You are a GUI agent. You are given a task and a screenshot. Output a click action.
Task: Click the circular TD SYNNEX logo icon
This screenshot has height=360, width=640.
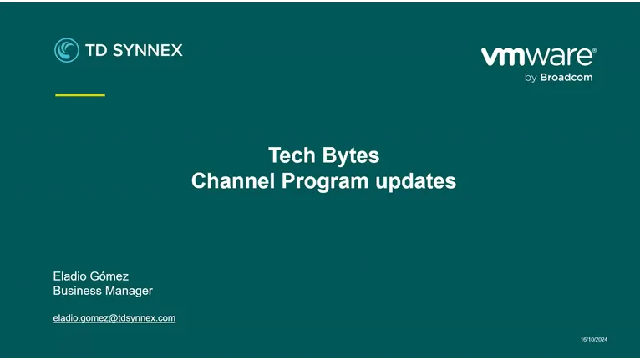click(x=67, y=50)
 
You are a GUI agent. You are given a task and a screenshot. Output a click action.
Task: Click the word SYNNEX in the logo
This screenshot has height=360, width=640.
click(x=145, y=50)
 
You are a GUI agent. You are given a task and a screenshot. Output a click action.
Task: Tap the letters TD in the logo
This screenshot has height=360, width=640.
click(x=95, y=50)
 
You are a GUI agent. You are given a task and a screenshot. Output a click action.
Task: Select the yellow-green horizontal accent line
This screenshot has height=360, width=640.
click(x=80, y=95)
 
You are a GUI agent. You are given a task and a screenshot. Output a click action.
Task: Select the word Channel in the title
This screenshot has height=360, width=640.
click(x=228, y=180)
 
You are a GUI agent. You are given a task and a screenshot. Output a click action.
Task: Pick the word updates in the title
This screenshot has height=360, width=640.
click(x=417, y=180)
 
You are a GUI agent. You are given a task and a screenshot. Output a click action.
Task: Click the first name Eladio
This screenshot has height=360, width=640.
click(x=71, y=276)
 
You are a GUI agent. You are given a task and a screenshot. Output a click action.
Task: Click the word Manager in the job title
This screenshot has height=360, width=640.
click(x=128, y=291)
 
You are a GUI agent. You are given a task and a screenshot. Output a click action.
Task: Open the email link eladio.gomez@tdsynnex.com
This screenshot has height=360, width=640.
click(x=114, y=317)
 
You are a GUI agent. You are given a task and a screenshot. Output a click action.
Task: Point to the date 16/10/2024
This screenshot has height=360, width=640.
click(x=594, y=338)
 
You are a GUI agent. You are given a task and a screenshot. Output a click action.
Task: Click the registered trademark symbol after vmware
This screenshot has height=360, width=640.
click(x=594, y=51)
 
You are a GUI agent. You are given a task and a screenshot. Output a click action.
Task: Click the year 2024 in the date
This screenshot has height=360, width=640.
click(x=601, y=338)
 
